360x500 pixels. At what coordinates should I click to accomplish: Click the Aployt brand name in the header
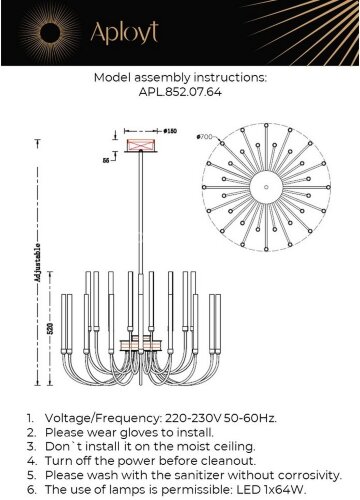[124, 33]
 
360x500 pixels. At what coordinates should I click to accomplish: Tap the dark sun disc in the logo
[50, 33]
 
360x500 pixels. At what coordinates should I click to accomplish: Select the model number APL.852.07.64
[180, 92]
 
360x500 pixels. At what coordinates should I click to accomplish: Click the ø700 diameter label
[204, 136]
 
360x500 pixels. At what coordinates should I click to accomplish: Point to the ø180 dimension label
[170, 131]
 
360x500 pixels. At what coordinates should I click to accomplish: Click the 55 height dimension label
[106, 160]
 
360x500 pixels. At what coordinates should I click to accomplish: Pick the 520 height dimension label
[50, 329]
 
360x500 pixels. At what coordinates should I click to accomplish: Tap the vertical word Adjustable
[38, 264]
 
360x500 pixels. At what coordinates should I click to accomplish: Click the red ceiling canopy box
[141, 145]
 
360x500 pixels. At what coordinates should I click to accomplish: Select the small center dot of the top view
[266, 187]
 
